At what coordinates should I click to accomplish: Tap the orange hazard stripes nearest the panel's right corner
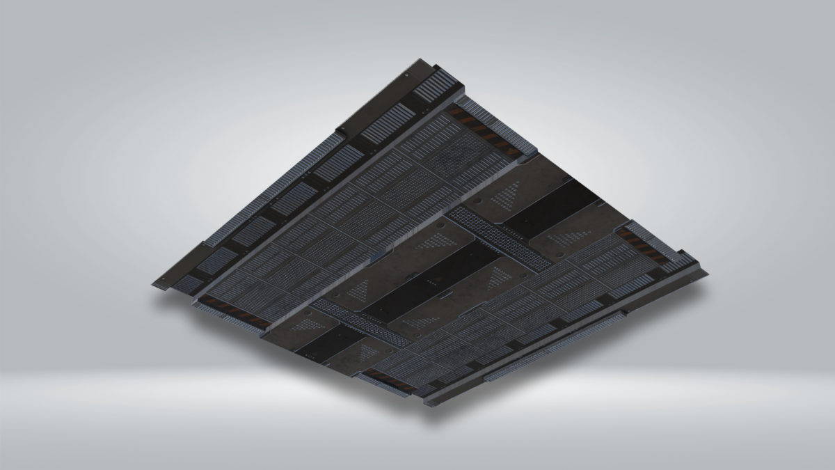pyautogui.click(x=639, y=240)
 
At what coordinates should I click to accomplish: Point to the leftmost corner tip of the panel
pyautogui.click(x=152, y=283)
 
